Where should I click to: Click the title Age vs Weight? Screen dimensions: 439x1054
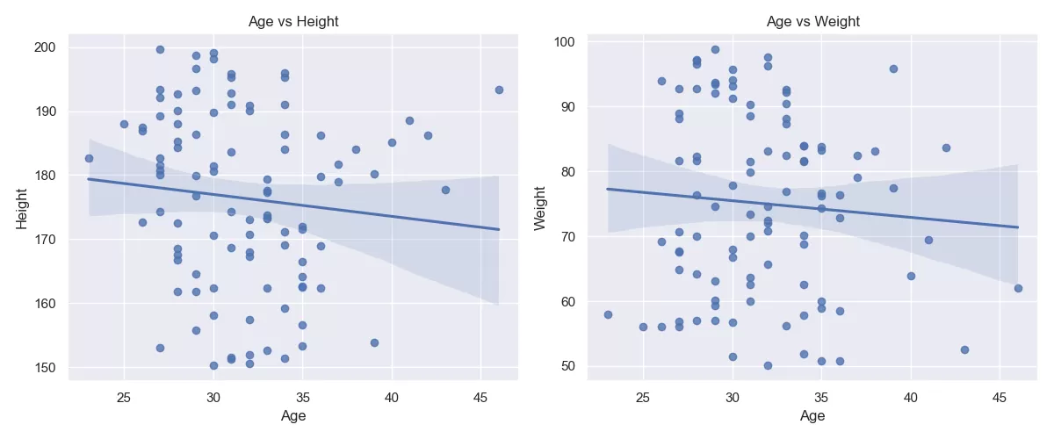(x=812, y=21)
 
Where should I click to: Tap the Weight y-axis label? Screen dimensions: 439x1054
(x=541, y=207)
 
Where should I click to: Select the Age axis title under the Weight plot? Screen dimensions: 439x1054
(x=812, y=415)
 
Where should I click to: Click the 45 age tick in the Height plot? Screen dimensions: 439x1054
(x=480, y=394)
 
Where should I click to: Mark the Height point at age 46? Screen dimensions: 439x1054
(x=499, y=90)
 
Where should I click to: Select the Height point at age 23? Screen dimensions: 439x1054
(x=89, y=159)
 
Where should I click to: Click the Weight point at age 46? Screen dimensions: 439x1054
(x=1018, y=288)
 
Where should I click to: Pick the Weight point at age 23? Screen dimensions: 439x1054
(x=607, y=314)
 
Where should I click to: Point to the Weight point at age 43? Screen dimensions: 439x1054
(x=964, y=349)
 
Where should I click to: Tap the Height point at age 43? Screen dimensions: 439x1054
(x=445, y=190)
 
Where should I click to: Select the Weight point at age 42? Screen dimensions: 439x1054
(x=946, y=148)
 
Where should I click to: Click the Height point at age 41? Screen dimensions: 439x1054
(x=409, y=120)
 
